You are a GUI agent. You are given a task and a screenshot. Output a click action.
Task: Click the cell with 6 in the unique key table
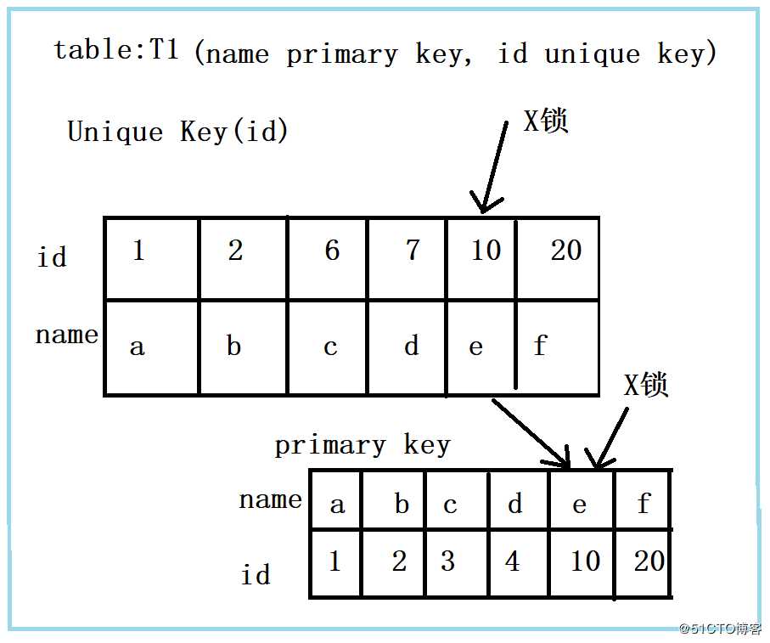pos(327,258)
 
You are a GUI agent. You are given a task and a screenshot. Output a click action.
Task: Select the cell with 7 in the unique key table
pos(407,258)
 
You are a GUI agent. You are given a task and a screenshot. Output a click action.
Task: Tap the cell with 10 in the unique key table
pos(481,258)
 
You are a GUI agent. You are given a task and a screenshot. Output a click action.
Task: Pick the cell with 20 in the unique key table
pos(558,258)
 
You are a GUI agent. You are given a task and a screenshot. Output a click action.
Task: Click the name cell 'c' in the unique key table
pos(327,347)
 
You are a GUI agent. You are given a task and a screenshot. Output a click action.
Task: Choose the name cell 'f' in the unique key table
pos(558,347)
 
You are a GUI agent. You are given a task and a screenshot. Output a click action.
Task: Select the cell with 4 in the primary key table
pos(519,563)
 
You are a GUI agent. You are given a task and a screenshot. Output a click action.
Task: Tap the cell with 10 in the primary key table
pos(582,563)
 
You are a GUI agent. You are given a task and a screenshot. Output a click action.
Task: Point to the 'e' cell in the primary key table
pos(582,500)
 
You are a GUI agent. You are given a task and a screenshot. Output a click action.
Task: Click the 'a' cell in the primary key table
pos(335,500)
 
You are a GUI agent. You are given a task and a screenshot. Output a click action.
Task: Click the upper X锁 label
pos(546,121)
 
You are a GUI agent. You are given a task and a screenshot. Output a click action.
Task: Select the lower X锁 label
pos(646,384)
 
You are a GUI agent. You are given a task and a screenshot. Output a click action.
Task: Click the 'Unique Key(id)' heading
pos(177,132)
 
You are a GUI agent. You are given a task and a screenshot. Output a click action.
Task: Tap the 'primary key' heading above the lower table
pos(363,445)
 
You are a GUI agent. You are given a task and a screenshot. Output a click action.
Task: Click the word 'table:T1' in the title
pos(116,49)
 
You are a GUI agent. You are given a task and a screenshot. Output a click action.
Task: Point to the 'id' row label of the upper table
pos(52,257)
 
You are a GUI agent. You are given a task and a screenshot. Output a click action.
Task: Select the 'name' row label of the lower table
pos(270,500)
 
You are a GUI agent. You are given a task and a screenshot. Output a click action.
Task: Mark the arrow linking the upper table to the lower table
pos(531,433)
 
